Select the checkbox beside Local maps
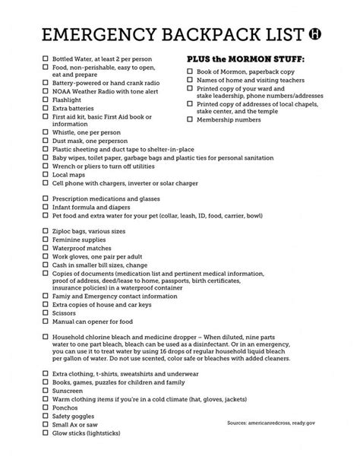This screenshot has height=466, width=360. [x=46, y=175]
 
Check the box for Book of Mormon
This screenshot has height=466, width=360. [x=190, y=71]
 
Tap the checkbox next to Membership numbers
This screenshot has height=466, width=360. [x=190, y=120]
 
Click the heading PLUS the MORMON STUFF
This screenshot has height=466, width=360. [x=245, y=59]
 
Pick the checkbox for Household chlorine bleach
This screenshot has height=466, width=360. [x=46, y=335]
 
